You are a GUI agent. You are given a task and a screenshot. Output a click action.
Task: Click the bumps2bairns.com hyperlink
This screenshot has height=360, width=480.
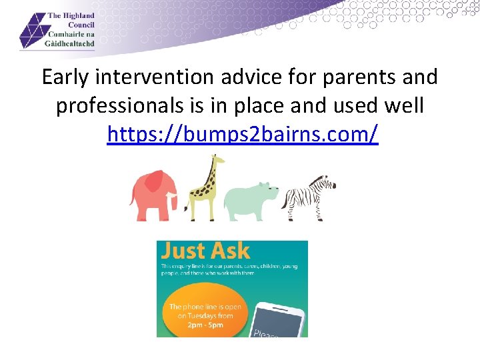(243, 134)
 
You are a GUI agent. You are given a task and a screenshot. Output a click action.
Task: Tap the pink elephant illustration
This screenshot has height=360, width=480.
(153, 195)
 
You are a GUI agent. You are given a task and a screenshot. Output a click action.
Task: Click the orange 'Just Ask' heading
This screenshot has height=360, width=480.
(205, 251)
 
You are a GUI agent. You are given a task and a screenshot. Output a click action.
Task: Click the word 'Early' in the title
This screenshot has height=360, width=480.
(65, 77)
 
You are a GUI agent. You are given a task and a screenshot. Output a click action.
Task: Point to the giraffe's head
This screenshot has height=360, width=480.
(215, 161)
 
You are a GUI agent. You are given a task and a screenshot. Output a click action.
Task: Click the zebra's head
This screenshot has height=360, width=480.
(327, 183)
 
